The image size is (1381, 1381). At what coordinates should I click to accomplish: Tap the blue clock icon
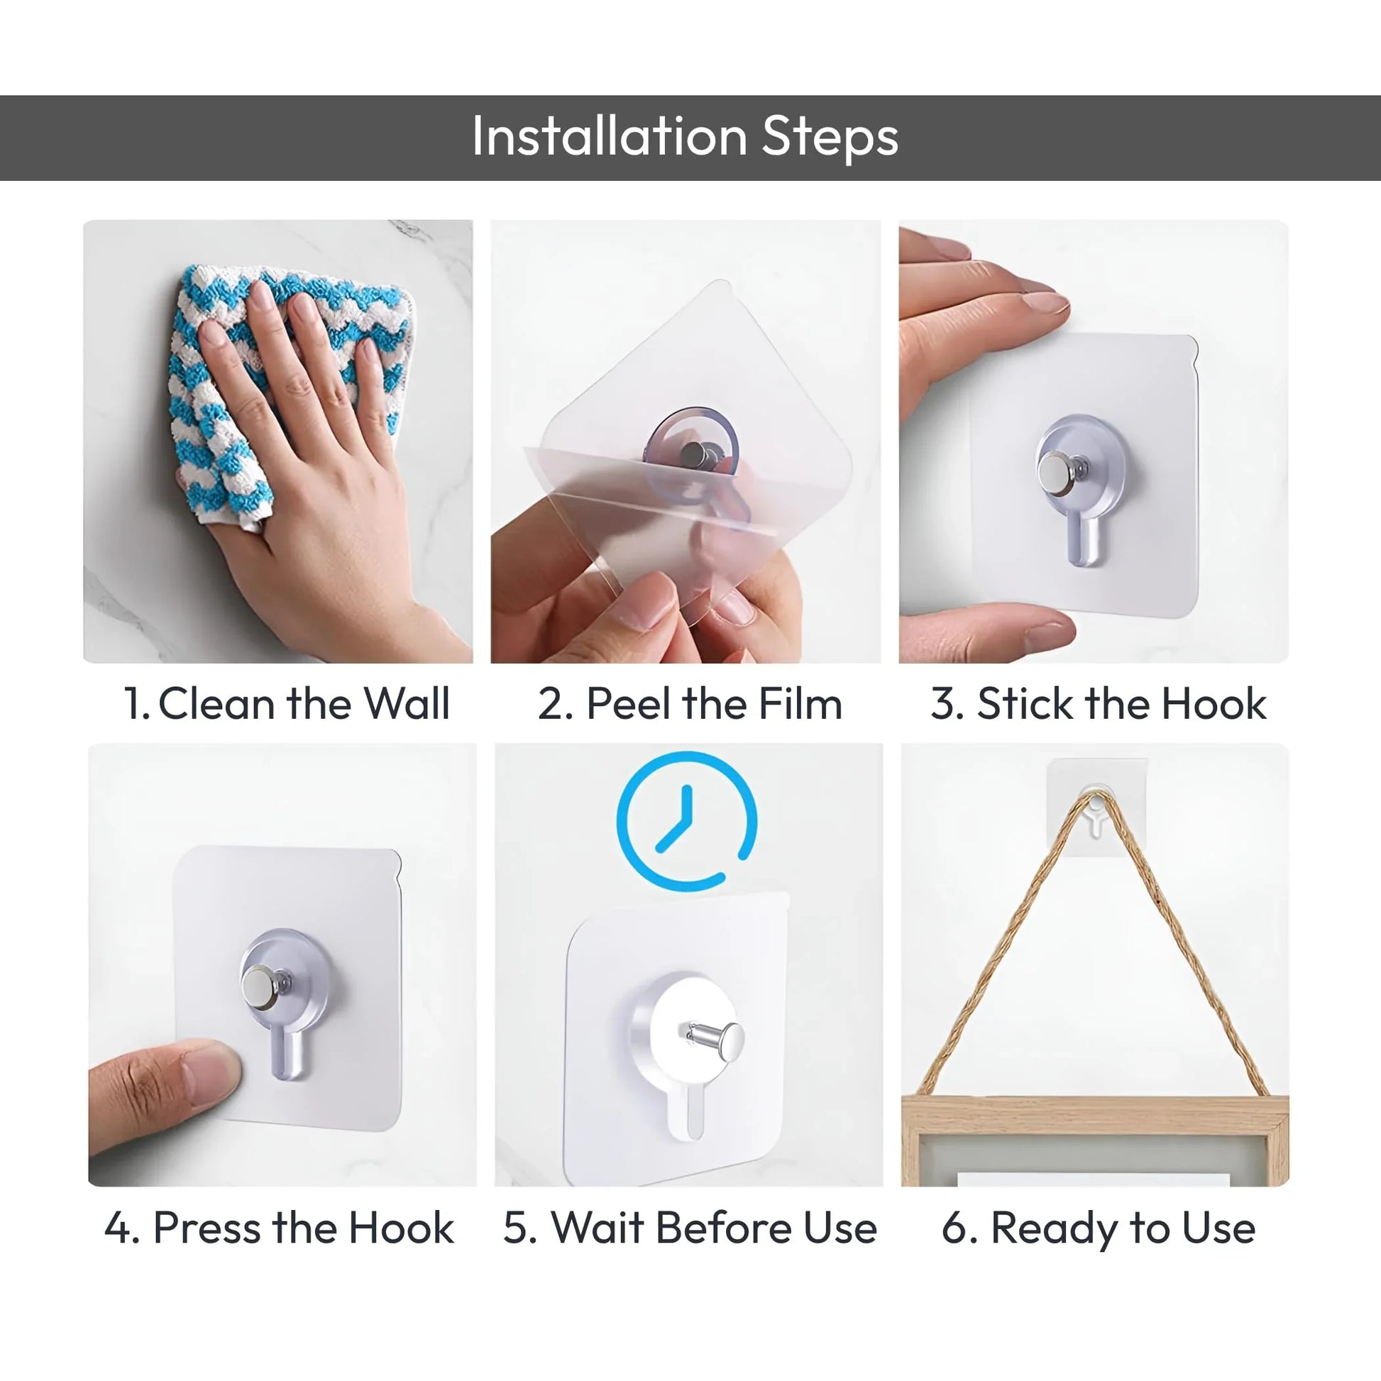686,821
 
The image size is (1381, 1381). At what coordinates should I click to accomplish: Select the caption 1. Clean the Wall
286,703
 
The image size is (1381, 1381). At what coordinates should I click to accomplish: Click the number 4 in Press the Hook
117,1228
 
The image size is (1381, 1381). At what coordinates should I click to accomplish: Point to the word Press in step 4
207,1228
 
